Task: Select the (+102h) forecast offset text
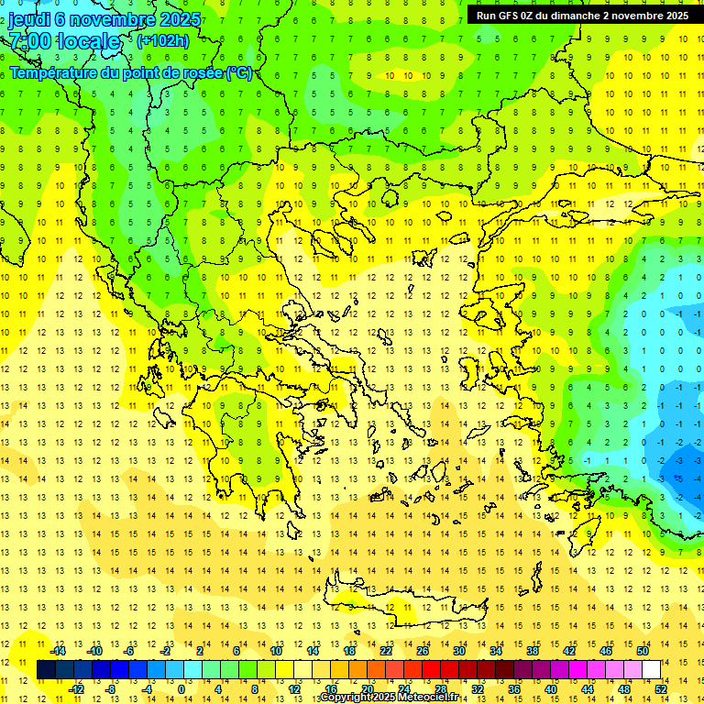pos(162,40)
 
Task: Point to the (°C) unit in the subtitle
pos(240,72)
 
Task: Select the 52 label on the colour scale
pos(661,689)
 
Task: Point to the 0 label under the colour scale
pos(181,689)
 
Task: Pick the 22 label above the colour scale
pos(386,651)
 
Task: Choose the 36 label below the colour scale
pos(514,689)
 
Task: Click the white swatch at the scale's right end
pos(652,670)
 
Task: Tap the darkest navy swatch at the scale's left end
pos(46,670)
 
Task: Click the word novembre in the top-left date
pos(108,19)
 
